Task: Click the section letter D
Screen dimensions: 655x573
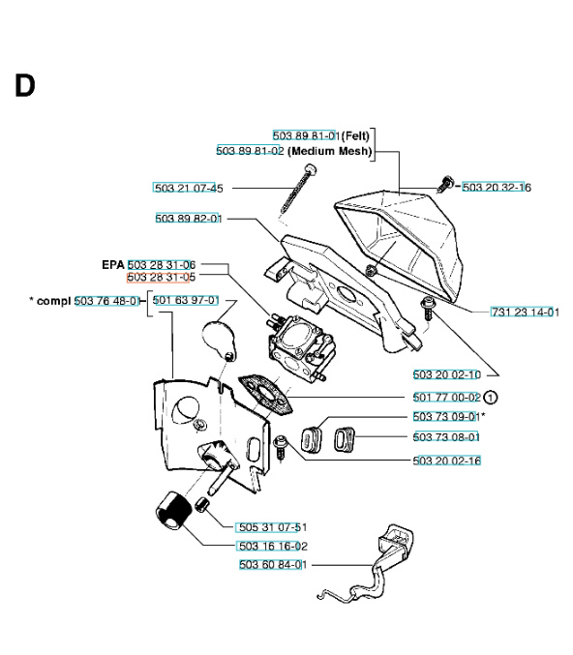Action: pos(24,85)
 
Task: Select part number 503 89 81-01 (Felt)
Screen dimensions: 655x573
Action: pos(305,135)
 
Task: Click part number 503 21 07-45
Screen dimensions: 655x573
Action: pos(188,188)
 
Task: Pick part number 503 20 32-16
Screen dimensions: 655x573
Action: pos(497,188)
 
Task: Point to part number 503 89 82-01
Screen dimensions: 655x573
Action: pos(189,219)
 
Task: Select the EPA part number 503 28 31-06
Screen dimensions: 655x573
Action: pos(162,264)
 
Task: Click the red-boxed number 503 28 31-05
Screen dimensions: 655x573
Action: pos(162,277)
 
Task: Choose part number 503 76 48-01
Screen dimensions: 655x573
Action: pos(107,301)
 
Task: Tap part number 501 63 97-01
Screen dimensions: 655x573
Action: pos(185,301)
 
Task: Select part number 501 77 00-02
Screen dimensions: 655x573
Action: pos(446,397)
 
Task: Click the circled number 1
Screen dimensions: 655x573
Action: pos(491,397)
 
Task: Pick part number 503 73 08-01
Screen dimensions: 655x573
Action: pos(446,436)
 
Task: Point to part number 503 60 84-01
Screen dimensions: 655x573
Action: pos(273,565)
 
